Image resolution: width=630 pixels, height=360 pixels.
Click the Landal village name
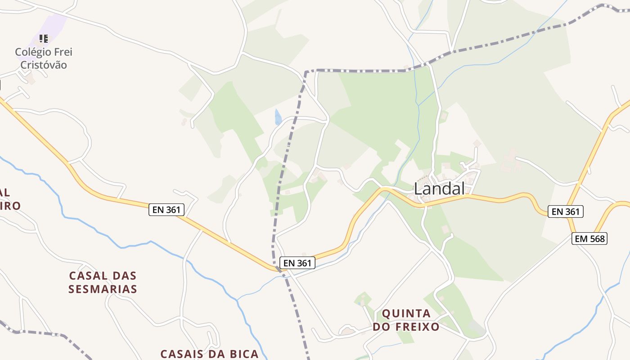439,189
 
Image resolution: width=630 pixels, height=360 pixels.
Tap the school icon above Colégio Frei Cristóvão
43,39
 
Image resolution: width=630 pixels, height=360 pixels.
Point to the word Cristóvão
44,65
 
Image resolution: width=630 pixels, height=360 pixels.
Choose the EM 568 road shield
589,238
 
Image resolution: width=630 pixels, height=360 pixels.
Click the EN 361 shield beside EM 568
565,211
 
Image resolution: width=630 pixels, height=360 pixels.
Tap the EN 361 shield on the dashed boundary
297,263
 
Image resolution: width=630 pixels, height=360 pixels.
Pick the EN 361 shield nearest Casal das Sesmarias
166,209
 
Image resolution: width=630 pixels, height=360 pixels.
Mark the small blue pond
278,117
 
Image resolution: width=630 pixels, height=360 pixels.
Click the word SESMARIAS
103,289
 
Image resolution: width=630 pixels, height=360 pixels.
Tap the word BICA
238,354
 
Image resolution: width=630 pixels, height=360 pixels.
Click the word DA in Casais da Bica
210,354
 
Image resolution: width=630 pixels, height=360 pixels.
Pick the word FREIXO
418,327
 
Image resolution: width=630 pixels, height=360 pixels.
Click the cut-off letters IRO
10,206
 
